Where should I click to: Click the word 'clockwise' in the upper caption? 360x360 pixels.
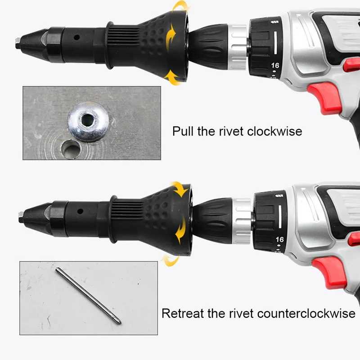tap(274, 131)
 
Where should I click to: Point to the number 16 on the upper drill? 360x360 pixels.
tap(275, 65)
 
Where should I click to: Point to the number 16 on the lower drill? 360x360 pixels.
tap(279, 239)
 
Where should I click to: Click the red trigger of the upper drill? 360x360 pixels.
tap(324, 98)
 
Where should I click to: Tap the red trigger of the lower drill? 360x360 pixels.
tap(329, 273)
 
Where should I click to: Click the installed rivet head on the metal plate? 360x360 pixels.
tap(88, 121)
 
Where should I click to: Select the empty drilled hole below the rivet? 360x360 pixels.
tap(71, 149)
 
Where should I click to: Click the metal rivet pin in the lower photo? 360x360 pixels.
tap(88, 296)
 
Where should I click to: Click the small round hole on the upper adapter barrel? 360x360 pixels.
tap(77, 37)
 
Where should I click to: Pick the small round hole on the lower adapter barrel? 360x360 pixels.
tap(80, 211)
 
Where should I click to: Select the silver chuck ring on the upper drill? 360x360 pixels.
tap(238, 48)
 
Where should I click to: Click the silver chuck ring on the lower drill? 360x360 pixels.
tap(242, 221)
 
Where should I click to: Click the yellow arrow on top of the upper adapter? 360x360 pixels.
tap(180, 5)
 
